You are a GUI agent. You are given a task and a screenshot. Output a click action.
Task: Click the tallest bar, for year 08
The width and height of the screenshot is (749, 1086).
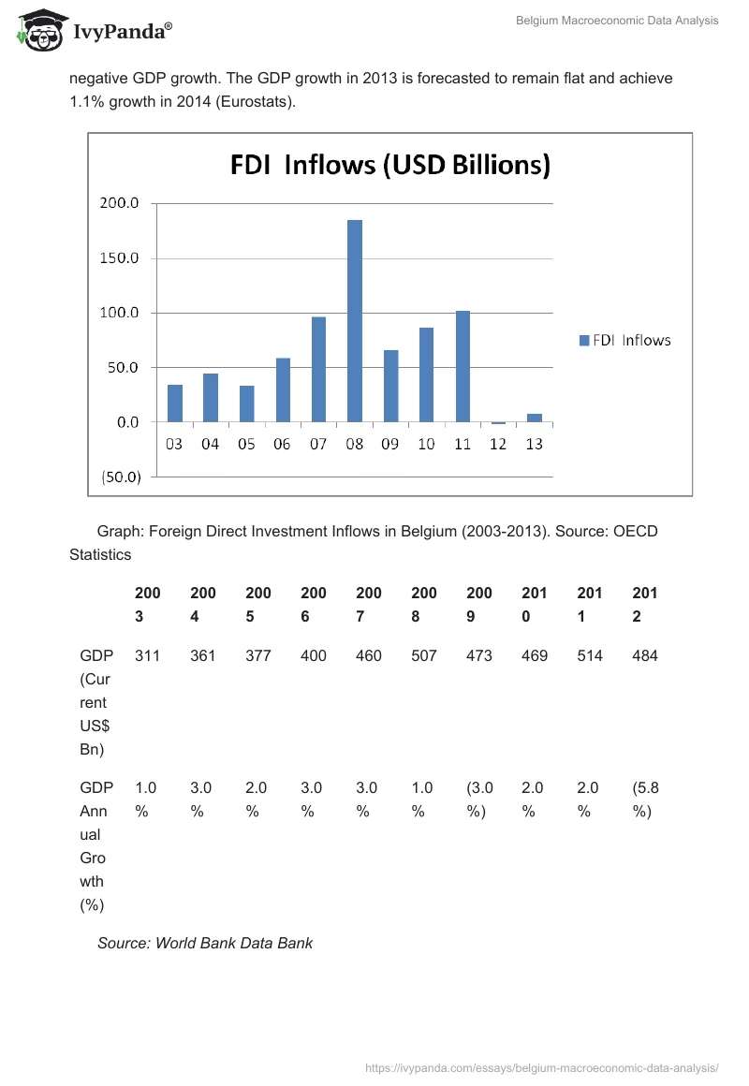click(355, 321)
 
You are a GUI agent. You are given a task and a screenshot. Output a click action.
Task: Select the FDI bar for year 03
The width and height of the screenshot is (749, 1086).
click(175, 404)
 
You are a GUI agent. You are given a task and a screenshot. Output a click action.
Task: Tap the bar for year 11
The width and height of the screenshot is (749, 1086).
click(463, 366)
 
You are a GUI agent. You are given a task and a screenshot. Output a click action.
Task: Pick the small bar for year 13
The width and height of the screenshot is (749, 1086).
click(535, 418)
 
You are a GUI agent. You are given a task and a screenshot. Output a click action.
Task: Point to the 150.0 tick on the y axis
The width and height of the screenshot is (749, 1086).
click(119, 258)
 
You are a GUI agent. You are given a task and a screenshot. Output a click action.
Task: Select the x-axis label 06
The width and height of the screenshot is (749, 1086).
click(282, 445)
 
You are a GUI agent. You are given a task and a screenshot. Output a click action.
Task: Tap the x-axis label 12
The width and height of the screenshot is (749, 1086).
click(498, 445)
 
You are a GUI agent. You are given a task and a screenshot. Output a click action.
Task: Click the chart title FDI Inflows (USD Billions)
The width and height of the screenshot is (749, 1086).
click(390, 167)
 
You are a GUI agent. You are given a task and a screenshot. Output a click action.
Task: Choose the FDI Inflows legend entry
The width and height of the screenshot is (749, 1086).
click(624, 340)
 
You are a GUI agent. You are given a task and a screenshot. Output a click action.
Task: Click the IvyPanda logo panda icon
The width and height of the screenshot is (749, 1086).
click(39, 30)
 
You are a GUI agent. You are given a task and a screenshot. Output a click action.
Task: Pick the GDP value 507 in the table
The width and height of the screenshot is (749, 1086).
click(424, 655)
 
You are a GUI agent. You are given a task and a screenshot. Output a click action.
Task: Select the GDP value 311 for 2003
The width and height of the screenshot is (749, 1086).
click(147, 655)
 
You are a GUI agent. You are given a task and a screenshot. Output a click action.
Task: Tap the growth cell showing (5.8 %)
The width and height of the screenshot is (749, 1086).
click(645, 800)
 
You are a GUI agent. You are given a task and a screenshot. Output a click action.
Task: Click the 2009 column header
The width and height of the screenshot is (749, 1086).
click(479, 605)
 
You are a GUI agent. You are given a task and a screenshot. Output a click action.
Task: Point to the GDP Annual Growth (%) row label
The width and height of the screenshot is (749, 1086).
click(93, 845)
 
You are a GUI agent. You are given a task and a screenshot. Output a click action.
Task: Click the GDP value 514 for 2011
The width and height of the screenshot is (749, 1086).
click(590, 655)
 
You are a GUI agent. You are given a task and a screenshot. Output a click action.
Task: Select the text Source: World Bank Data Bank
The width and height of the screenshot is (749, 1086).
click(205, 943)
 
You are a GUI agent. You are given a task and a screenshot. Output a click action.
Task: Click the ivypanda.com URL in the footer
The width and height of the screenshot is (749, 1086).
click(541, 1067)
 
